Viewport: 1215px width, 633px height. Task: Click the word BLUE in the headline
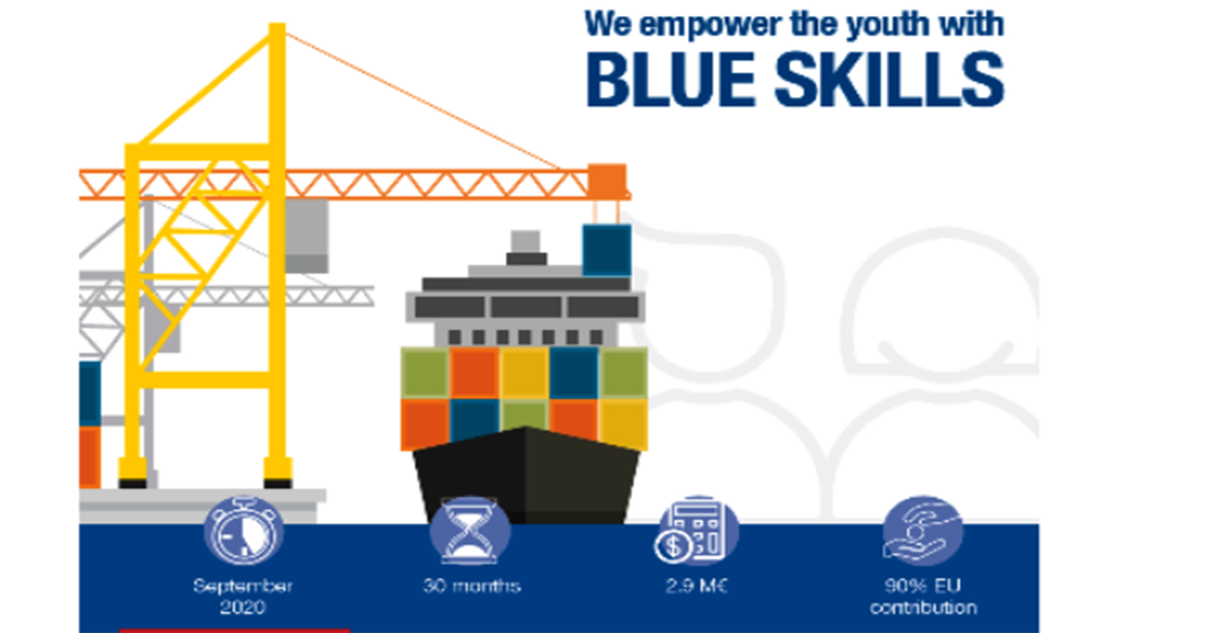pyautogui.click(x=671, y=80)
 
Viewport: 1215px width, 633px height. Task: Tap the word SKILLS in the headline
pyautogui.click(x=889, y=80)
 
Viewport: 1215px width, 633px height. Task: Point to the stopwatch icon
pyautogui.click(x=243, y=531)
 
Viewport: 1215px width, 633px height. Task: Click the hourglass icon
pyautogui.click(x=470, y=531)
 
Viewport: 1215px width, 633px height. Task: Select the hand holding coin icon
pyautogui.click(x=922, y=531)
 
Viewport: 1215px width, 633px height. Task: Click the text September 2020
pyautogui.click(x=243, y=596)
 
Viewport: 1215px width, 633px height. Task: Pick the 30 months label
pyautogui.click(x=472, y=586)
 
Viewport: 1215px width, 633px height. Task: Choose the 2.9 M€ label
pyautogui.click(x=696, y=586)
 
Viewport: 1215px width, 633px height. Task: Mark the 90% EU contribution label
pyautogui.click(x=923, y=596)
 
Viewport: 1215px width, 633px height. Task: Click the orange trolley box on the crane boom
pyautogui.click(x=607, y=181)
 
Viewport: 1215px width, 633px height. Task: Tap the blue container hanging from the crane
pyautogui.click(x=607, y=250)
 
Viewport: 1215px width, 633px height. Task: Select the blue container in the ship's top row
pyautogui.click(x=574, y=373)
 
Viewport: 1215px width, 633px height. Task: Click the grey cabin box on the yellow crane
pyautogui.click(x=307, y=236)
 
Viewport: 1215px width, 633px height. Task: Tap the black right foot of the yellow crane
pyautogui.click(x=277, y=483)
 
